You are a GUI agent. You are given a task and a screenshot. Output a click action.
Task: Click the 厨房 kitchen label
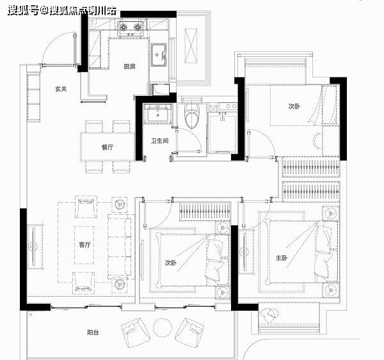point(129,67)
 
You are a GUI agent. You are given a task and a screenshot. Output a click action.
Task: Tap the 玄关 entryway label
point(61,89)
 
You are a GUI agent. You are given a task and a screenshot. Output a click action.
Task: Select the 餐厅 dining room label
point(108,147)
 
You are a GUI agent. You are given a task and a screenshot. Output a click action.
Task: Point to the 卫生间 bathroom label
point(159,141)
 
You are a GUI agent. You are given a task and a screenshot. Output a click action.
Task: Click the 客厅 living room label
point(84,245)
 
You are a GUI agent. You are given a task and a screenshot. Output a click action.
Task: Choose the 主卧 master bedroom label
point(282,258)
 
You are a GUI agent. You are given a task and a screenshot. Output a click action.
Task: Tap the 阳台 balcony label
point(93,333)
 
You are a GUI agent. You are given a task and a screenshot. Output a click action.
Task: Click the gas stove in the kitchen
point(130,29)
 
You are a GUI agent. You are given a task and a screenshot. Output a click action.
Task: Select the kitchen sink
point(159,55)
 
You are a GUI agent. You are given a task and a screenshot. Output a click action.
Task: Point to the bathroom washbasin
point(157,113)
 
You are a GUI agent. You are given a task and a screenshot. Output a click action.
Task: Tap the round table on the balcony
point(163,327)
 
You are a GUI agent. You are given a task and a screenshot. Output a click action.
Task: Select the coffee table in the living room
point(84,245)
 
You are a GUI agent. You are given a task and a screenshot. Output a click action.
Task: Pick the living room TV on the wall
point(34,247)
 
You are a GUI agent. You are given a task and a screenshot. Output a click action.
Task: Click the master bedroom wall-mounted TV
point(244,252)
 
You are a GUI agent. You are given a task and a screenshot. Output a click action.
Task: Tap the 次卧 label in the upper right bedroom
point(294,106)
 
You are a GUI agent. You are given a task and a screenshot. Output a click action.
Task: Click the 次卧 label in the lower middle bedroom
point(171,263)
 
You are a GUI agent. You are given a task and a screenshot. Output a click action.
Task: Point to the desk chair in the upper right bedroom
point(317,141)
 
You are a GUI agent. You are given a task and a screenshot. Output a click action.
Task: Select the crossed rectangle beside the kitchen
point(191,46)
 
